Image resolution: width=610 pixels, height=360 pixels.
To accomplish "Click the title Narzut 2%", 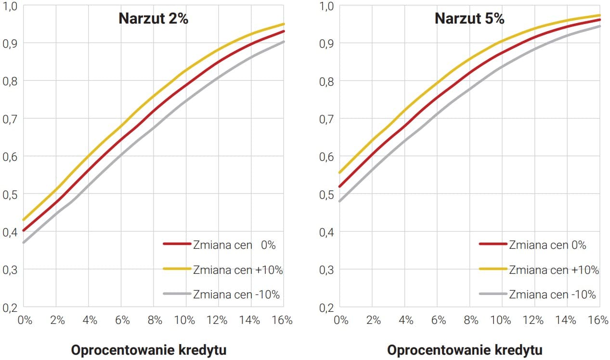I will pyautogui.click(x=153, y=19).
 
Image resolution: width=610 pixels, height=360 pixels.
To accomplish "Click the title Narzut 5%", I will pyautogui.click(x=469, y=19).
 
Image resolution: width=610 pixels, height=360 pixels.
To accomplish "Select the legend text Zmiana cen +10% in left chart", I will pyautogui.click(x=238, y=270).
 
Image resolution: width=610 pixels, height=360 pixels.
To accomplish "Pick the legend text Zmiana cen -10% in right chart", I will pyautogui.click(x=552, y=295).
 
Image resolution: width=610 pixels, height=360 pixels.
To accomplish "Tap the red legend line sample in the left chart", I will pyautogui.click(x=178, y=244).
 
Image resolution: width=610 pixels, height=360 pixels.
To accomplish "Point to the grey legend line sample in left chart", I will pyautogui.click(x=178, y=294).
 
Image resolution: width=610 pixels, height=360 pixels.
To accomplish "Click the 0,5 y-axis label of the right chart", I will pyautogui.click(x=326, y=194).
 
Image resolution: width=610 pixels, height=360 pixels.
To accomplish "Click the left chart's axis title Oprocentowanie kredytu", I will pyautogui.click(x=148, y=350).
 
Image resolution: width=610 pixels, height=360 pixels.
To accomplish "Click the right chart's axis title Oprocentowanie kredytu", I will pyautogui.click(x=465, y=350).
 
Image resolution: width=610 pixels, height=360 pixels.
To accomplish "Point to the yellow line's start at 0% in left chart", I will pyautogui.click(x=24, y=220).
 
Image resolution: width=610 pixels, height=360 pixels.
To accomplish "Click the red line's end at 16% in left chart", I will pyautogui.click(x=283, y=31).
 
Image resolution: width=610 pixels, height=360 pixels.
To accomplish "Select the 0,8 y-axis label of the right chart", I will pyautogui.click(x=326, y=81).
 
